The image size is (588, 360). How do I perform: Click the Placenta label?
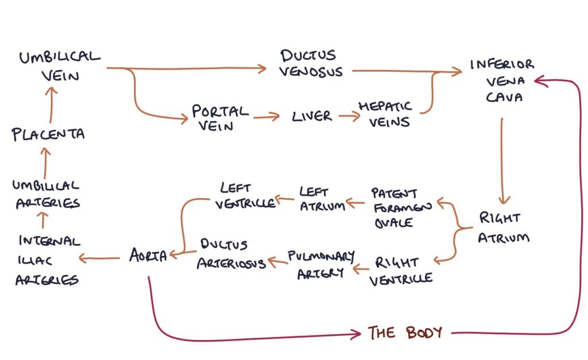coord(48,134)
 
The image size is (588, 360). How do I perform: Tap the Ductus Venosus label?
coord(312,63)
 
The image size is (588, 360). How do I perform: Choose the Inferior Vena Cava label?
coord(501,80)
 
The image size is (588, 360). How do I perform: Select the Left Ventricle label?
coord(246,195)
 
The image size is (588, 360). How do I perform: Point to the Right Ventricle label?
coord(401,271)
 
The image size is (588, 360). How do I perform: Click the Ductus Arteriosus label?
coord(231,254)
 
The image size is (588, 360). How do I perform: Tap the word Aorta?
coord(148,256)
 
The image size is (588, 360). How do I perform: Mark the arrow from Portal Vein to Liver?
coord(265,117)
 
